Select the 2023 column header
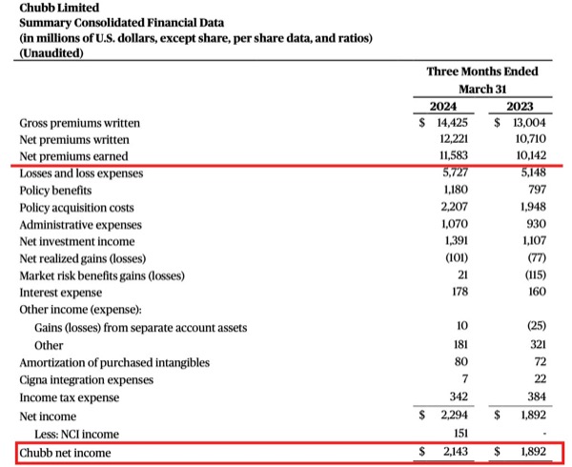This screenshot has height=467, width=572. coord(522,107)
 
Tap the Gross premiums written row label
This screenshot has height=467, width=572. coord(80,123)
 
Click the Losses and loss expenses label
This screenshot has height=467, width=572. coord(81,173)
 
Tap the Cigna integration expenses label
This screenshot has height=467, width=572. coord(87,380)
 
